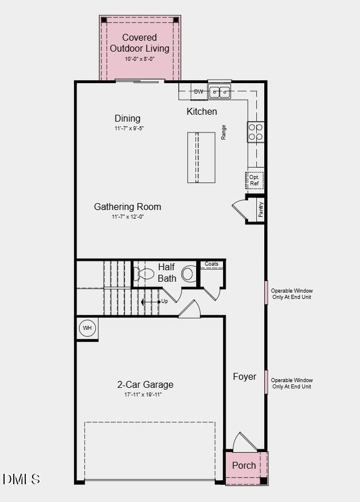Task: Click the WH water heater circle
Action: (87, 328)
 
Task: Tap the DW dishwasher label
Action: (198, 92)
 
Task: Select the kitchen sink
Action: (220, 91)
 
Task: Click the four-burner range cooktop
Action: (256, 132)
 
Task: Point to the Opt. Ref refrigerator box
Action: (255, 180)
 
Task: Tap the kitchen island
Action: (201, 157)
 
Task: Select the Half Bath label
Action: (167, 273)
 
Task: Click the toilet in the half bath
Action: (188, 274)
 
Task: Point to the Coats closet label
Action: (212, 264)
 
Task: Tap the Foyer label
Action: (244, 376)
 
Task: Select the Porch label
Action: (244, 465)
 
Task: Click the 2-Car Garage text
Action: (145, 384)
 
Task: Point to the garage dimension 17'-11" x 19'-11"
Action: (143, 395)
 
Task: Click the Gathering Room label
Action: (127, 207)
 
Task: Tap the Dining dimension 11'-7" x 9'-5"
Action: (128, 129)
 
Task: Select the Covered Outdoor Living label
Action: (139, 43)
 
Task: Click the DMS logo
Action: (21, 479)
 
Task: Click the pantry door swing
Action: (238, 208)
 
